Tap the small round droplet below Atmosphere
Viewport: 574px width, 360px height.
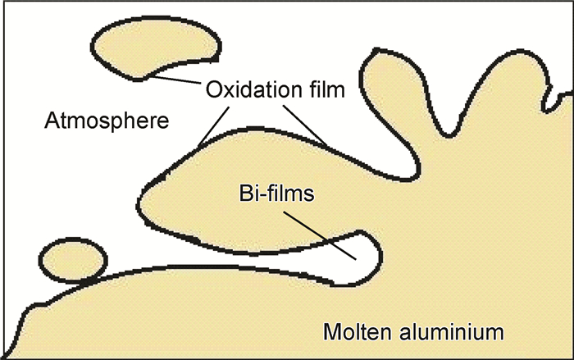coord(73,261)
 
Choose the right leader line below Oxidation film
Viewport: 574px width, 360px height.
coord(307,123)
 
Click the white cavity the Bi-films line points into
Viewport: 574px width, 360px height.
coord(362,247)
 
